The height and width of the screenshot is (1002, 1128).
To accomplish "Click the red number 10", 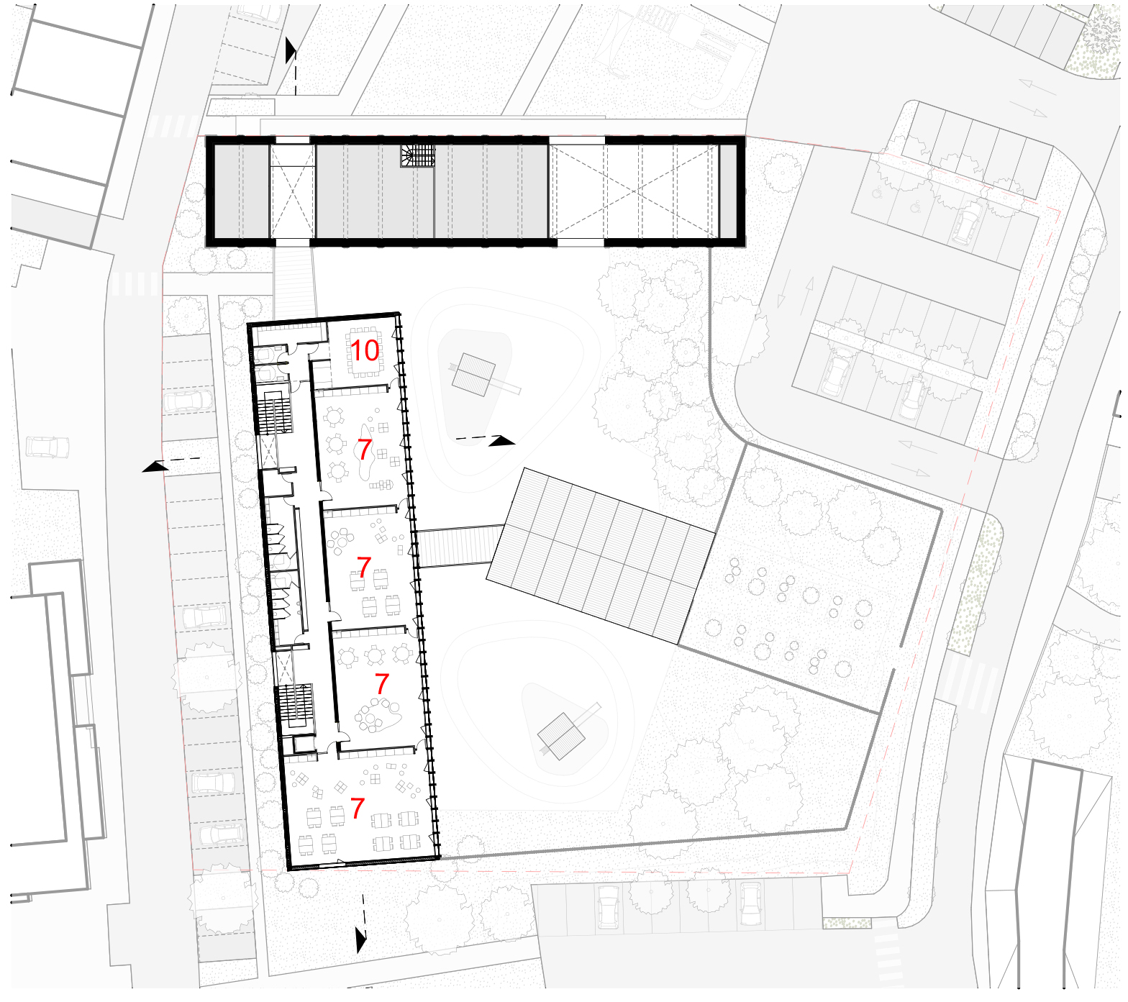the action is pos(364,351).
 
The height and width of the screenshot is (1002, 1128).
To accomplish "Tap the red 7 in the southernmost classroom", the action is pos(358,808).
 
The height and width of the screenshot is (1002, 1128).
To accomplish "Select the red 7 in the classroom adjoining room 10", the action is pos(365,450).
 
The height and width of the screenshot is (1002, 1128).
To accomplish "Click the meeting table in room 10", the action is pos(365,352).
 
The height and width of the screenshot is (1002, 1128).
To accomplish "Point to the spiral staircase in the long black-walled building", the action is pos(418,155).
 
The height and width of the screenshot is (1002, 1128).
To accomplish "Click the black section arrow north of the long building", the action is pos(291,50).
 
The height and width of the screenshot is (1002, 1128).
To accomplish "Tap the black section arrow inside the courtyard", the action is pos(502,441).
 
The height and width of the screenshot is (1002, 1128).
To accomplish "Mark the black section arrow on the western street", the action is pos(155,468).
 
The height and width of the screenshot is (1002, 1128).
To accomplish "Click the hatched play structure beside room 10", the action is pos(473,374).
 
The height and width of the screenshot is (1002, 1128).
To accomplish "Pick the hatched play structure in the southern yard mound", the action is pos(561,735).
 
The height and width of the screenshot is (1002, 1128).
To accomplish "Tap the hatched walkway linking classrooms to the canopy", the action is pos(460,546).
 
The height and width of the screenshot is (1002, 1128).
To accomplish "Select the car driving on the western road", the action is pos(47,447).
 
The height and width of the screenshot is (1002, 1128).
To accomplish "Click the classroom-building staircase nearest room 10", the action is pos(274,413).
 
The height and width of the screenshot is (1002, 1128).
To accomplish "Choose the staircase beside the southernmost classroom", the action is pos(296,705).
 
